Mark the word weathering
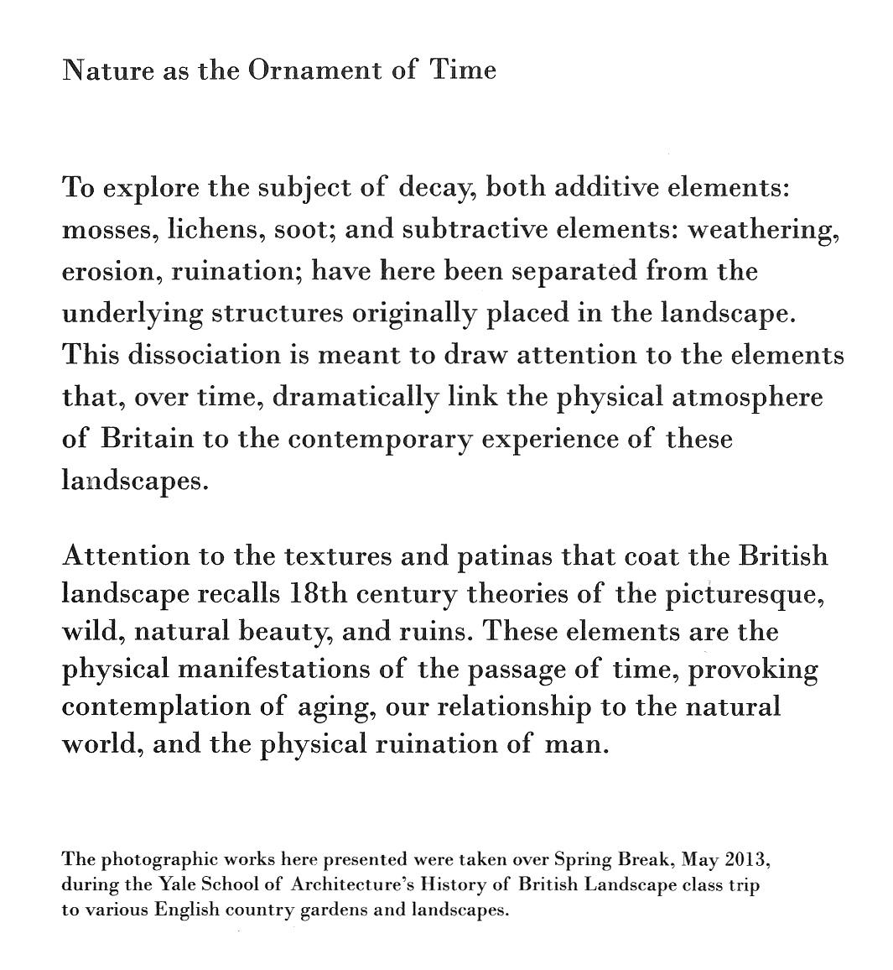tap(762, 230)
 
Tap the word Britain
tap(148, 439)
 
